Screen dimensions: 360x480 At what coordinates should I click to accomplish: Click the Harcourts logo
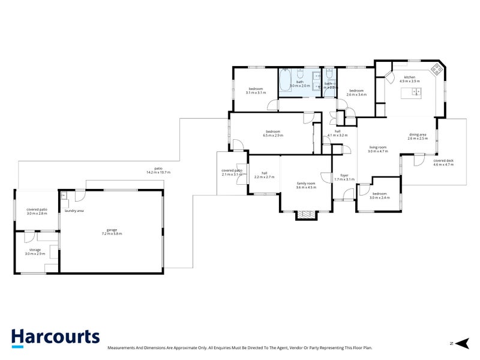(55, 337)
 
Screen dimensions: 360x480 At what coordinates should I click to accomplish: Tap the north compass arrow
(463, 343)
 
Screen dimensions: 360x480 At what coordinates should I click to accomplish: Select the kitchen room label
(410, 77)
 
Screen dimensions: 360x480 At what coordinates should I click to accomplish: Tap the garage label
(112, 229)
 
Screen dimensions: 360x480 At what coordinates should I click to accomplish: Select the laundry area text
(74, 211)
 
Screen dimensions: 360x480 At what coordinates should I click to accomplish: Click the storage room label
(35, 250)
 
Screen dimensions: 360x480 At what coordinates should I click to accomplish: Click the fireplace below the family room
(306, 215)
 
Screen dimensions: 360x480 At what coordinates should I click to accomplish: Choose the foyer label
(344, 176)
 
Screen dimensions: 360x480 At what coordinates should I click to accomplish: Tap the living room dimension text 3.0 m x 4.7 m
(377, 151)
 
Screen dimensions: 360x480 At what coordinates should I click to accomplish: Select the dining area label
(418, 134)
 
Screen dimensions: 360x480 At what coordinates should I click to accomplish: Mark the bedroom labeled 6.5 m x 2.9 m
(273, 136)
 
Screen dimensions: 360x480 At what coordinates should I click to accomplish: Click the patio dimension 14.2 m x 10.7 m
(158, 172)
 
